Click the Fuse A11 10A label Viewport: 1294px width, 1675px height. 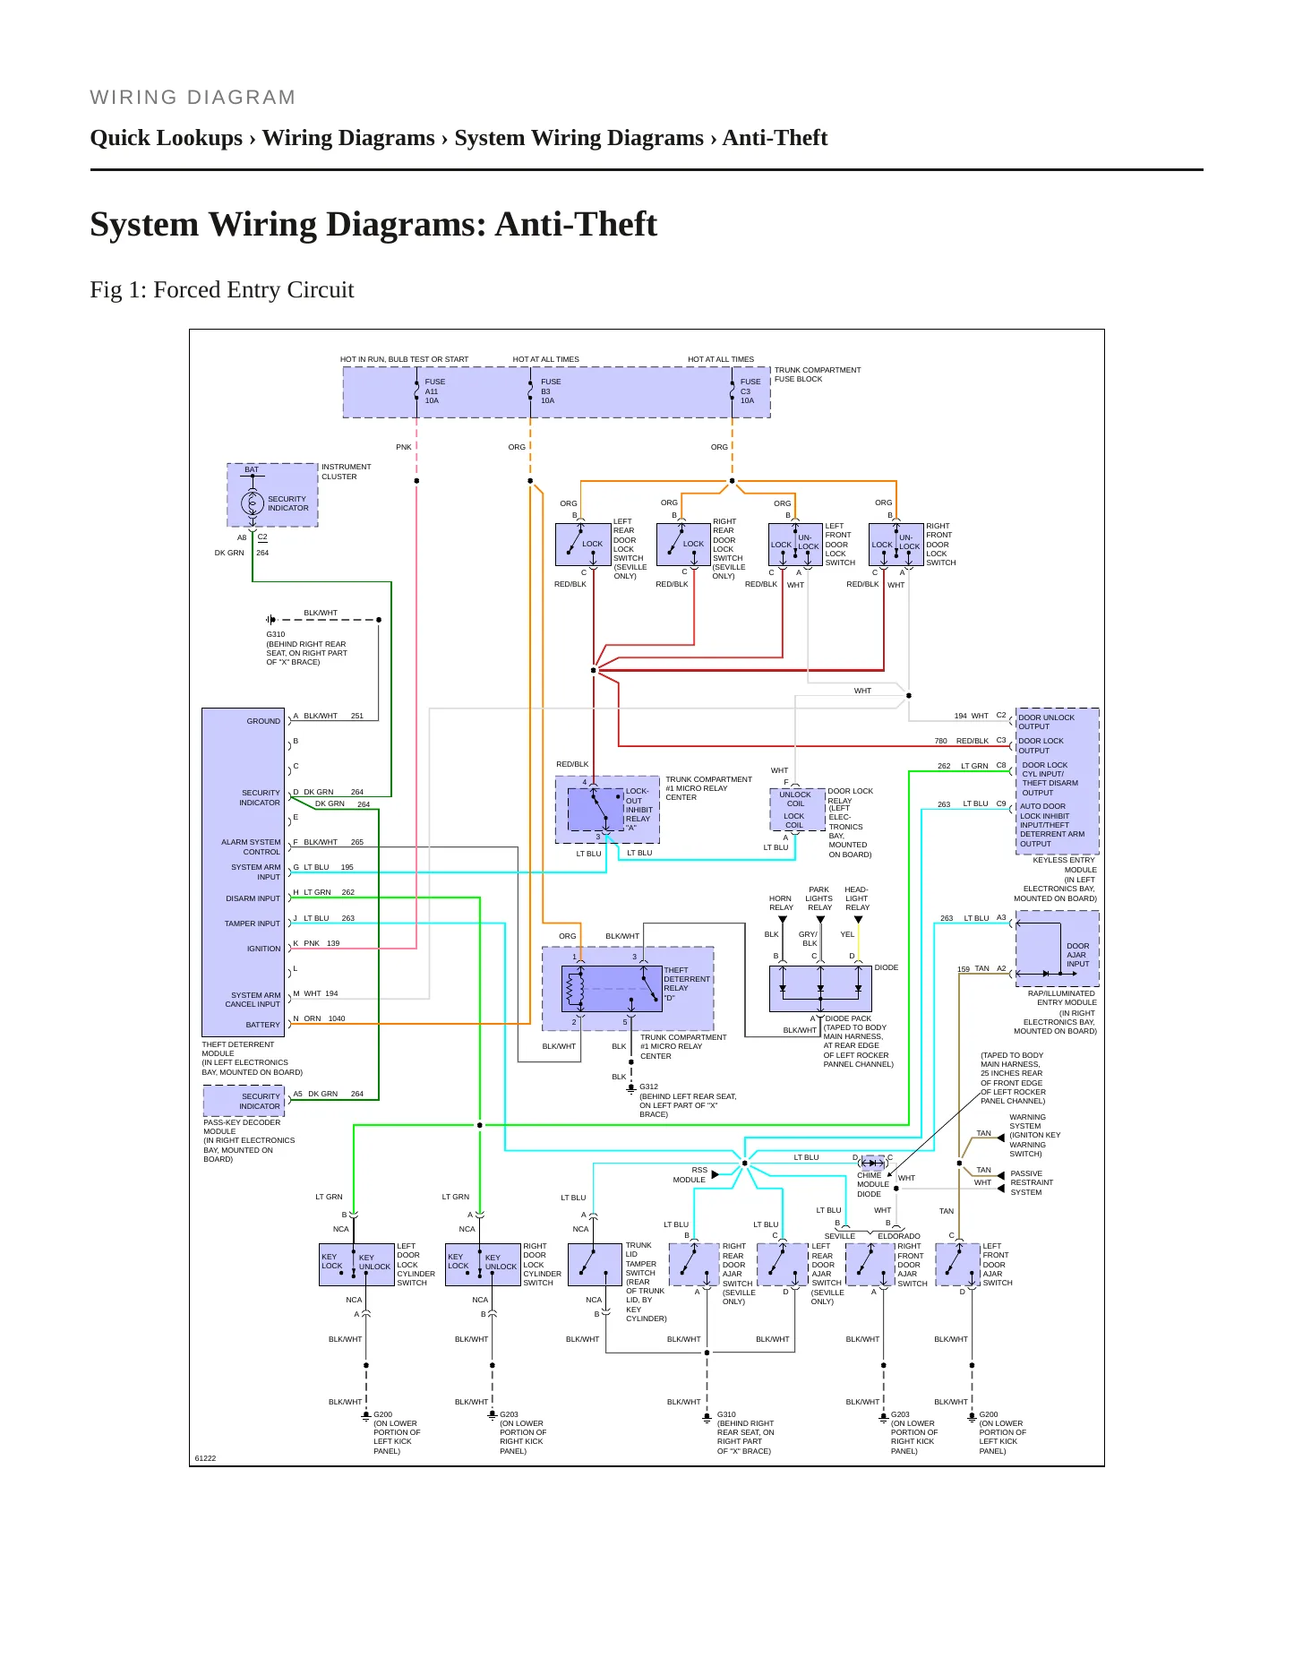point(434,391)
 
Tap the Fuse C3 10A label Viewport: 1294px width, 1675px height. point(750,391)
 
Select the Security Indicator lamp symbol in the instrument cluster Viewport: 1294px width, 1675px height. point(252,503)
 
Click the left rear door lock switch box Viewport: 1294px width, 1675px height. point(583,545)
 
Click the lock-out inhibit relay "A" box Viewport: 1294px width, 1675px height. point(596,810)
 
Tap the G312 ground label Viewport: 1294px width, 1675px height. point(648,1087)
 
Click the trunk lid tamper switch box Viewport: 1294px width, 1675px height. point(595,1265)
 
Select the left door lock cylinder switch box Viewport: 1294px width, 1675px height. point(356,1265)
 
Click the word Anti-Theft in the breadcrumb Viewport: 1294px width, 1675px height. point(775,138)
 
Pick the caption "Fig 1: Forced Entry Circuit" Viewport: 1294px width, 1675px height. point(222,290)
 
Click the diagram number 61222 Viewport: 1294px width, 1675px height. point(205,1458)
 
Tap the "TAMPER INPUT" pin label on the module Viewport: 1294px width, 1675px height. point(253,923)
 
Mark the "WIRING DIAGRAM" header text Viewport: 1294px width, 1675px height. point(193,98)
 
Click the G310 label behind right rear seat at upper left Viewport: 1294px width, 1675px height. point(276,634)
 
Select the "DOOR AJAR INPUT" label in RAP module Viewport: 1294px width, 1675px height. point(1077,955)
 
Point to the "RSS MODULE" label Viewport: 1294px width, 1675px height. point(690,1175)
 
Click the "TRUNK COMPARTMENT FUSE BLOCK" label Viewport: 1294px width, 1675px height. point(818,374)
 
